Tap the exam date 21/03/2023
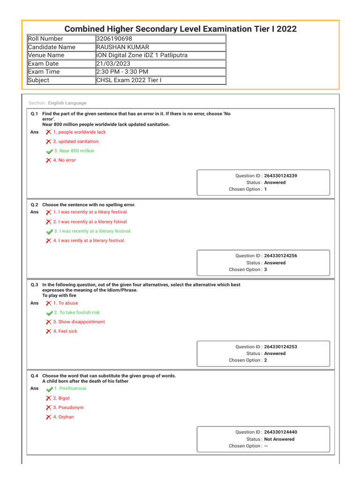[x=113, y=64]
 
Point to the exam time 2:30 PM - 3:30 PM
[x=122, y=72]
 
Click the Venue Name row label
[x=46, y=55]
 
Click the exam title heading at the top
[x=180, y=29]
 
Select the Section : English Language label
[x=58, y=103]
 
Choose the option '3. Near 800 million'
[x=74, y=151]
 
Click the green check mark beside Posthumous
[x=49, y=389]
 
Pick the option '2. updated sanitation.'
[x=76, y=142]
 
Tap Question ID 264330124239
[x=280, y=176]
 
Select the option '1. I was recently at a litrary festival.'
[x=90, y=212]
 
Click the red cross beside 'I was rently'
[x=49, y=241]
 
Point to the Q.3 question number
[x=34, y=285]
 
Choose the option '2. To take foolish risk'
[x=76, y=313]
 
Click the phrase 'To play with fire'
[x=59, y=296]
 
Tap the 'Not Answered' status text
[x=279, y=439]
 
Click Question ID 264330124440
[x=280, y=432]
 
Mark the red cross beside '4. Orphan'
[x=49, y=417]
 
